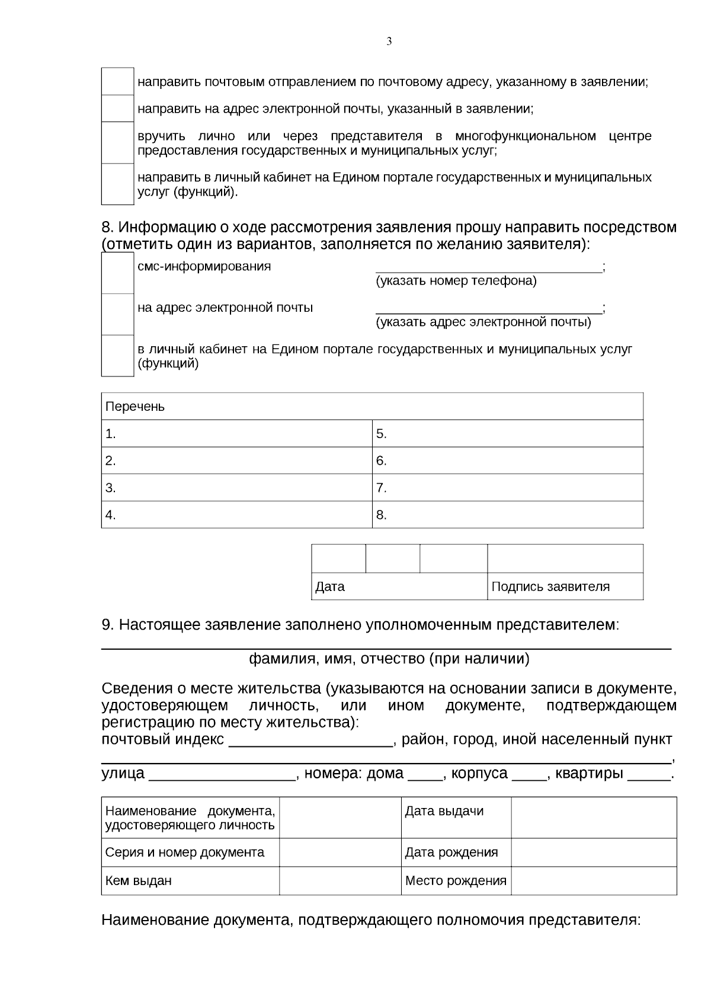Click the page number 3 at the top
point(389,41)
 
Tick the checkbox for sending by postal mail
point(117,81)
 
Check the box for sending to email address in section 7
point(117,108)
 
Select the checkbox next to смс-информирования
point(117,273)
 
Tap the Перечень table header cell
point(372,407)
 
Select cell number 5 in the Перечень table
point(507,434)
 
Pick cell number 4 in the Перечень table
point(236,515)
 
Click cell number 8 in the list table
point(507,515)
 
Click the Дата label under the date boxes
point(330,587)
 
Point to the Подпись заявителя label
point(550,587)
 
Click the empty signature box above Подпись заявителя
point(565,558)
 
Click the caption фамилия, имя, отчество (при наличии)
point(389,659)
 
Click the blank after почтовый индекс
point(310,741)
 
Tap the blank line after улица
point(222,775)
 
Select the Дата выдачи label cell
point(456,817)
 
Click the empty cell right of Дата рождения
point(593,852)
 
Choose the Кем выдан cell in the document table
point(190,881)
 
